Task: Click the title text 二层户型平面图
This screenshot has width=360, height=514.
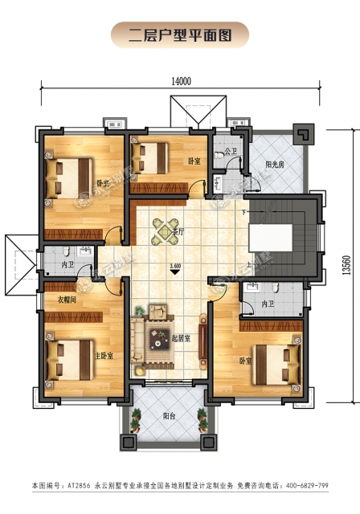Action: tap(180, 35)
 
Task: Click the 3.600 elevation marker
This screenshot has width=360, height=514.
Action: tap(174, 265)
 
